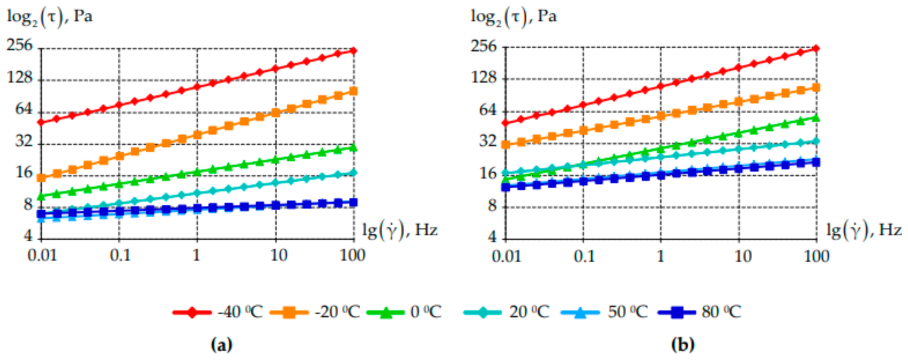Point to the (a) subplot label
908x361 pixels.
point(221,344)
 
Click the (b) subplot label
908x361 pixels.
point(683,344)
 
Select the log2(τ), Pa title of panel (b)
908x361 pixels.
point(514,17)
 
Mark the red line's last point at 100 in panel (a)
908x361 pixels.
point(354,51)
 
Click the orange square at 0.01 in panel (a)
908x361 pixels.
point(41,178)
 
